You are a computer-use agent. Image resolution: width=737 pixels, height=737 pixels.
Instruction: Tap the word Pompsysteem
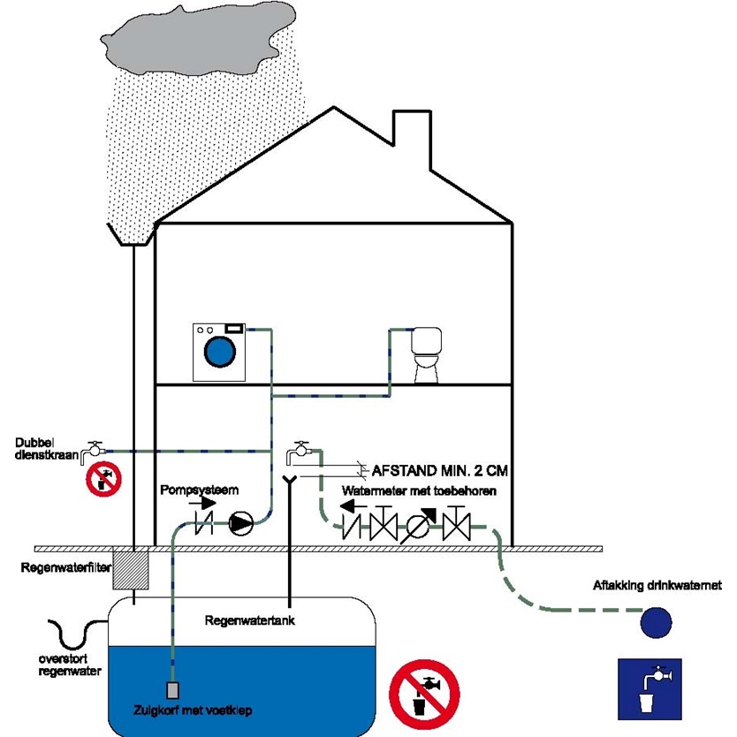click(x=200, y=489)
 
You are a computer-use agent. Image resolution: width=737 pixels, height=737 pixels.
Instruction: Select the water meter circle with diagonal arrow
click(x=419, y=528)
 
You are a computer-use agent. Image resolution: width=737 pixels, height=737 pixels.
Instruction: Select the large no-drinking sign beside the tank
click(x=425, y=691)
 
